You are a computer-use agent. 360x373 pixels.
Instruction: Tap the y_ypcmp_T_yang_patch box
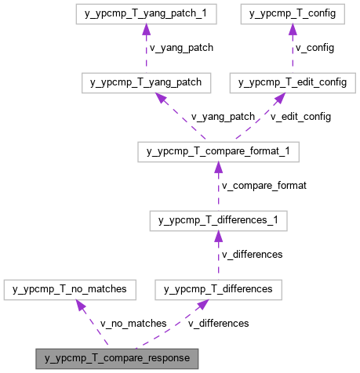(145, 82)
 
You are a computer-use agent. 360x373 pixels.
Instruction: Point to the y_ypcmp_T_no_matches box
(70, 289)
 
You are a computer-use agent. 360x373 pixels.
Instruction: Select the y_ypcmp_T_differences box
(218, 289)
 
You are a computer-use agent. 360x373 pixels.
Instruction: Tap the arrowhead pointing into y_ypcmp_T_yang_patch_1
(145, 31)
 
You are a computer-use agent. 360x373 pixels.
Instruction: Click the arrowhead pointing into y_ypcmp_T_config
(292, 31)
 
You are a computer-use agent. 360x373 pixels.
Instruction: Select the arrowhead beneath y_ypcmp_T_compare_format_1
(218, 168)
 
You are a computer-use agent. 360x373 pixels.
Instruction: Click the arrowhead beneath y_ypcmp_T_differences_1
(218, 237)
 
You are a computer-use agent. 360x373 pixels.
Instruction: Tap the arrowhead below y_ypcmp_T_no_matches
(81, 305)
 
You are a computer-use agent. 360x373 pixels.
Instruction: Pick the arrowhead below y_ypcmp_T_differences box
(202, 305)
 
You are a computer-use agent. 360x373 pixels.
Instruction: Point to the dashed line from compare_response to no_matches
(94, 325)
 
